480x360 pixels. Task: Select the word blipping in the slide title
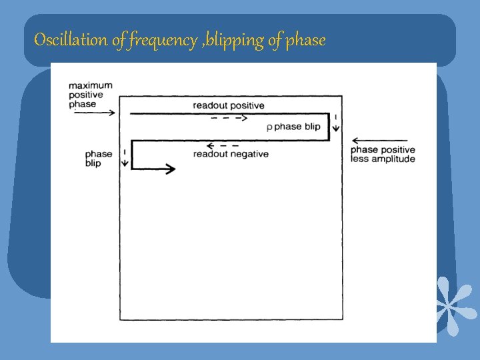coord(237,41)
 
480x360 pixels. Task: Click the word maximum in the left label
coord(90,85)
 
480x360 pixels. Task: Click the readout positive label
coord(229,105)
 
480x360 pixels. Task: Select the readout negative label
coord(231,154)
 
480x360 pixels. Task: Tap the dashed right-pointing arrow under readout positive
coord(229,118)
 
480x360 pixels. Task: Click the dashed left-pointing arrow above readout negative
coord(223,145)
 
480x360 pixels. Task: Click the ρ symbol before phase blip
coord(269,127)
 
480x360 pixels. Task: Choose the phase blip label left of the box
coord(99,159)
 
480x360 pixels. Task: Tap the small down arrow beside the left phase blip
coord(125,159)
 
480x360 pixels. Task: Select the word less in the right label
coord(361,159)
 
